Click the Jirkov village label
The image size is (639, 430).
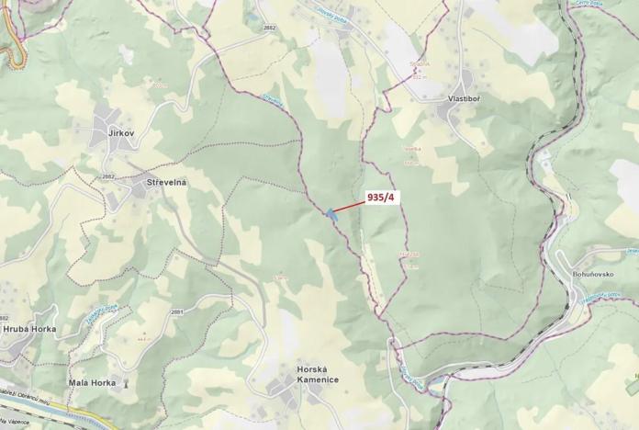point(121,134)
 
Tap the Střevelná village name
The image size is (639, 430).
point(166,184)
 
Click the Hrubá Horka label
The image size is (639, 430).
point(29,329)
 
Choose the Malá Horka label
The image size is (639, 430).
point(92,382)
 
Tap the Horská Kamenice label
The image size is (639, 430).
point(318,374)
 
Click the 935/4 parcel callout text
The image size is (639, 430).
point(380,197)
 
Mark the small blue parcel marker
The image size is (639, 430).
point(329,213)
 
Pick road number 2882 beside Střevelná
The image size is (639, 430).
point(108,176)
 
